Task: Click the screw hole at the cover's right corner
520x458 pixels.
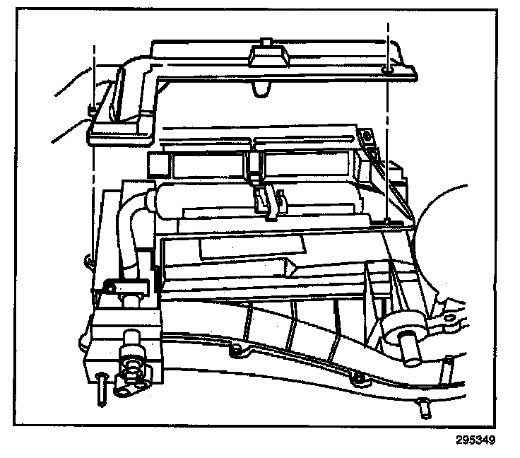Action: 386,69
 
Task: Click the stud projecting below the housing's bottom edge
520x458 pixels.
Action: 425,406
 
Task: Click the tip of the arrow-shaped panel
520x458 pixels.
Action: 296,266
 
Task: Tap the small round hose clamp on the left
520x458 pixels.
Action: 110,286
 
